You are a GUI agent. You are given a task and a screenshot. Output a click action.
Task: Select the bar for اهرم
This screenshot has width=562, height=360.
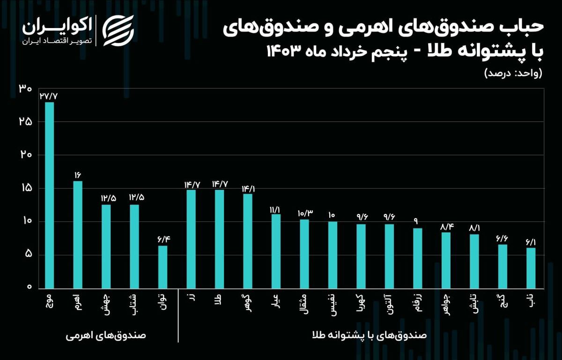[x=78, y=234]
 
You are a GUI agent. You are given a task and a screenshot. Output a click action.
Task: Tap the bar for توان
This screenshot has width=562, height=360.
[x=163, y=266]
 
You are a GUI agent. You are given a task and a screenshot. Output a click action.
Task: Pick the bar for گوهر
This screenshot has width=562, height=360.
[x=248, y=241]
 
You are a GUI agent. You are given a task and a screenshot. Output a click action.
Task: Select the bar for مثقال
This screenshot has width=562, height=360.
[x=304, y=253]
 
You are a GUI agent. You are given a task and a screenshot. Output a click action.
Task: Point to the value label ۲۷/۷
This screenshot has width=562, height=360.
[x=49, y=96]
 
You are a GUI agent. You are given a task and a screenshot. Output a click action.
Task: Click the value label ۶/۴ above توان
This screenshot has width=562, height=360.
[x=163, y=239]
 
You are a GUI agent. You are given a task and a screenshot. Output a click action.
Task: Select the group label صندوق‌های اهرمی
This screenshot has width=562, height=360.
[x=106, y=336]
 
